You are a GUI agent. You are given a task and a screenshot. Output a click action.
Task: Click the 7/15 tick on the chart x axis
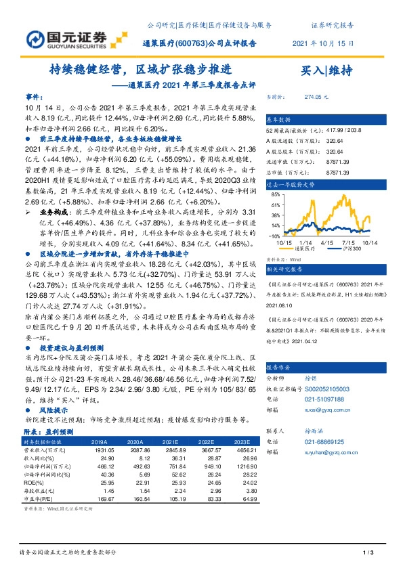tap(349, 242)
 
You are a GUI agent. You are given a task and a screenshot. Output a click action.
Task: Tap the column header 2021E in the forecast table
tap(171, 441)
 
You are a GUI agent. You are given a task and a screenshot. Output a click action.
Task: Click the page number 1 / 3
tap(368, 554)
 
